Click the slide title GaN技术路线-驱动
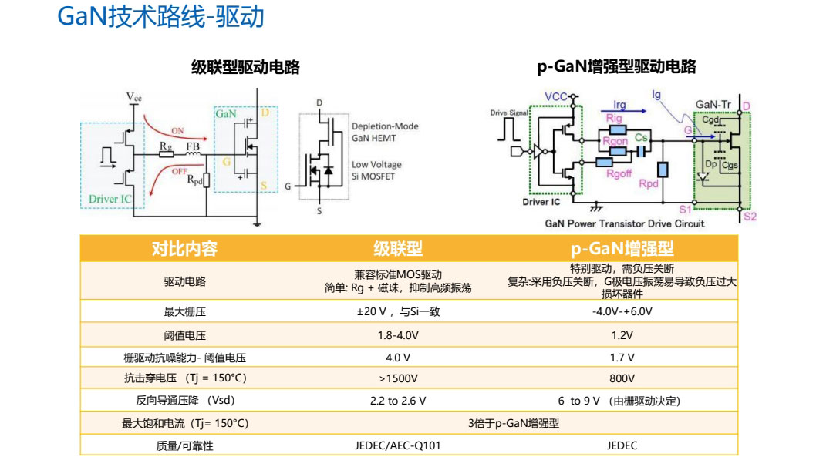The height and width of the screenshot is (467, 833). click(160, 17)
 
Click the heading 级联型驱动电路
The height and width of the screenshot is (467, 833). click(245, 67)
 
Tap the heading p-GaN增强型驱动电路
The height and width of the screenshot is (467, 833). click(616, 67)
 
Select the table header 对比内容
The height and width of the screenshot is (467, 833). click(185, 249)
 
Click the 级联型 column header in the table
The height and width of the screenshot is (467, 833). click(398, 249)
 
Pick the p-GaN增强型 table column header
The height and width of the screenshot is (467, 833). click(622, 249)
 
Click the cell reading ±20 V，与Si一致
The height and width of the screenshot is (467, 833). click(398, 312)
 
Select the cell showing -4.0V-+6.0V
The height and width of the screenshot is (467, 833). click(622, 312)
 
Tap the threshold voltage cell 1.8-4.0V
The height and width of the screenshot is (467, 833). click(398, 335)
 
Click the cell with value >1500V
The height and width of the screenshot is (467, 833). click(398, 378)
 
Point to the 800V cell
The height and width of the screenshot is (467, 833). click(622, 378)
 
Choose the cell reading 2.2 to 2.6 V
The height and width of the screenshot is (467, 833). click(398, 401)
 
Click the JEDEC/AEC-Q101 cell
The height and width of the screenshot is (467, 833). click(398, 445)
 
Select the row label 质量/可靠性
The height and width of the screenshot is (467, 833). click(185, 445)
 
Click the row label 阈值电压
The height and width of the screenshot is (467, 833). click(185, 335)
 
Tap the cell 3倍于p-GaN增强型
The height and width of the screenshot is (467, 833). click(513, 423)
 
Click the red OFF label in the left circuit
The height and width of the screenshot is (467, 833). click(180, 170)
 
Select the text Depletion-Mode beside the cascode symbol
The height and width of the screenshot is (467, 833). click(385, 126)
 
